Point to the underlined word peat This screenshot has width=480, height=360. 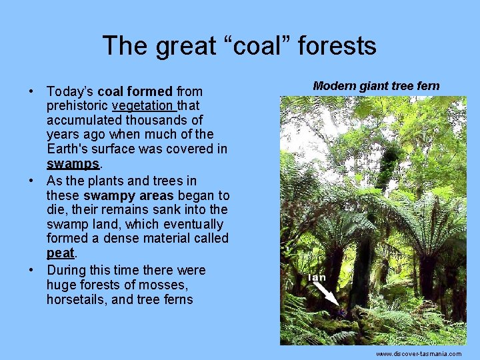click(61, 253)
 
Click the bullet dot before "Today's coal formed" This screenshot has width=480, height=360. click(31, 91)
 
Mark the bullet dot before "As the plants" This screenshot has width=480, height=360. click(31, 181)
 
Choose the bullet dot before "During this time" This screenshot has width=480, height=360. click(31, 271)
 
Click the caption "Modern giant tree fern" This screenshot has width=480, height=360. click(376, 86)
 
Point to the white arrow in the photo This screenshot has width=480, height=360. click(327, 296)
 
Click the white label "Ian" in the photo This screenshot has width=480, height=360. click(317, 277)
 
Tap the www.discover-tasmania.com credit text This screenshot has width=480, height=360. click(419, 354)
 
